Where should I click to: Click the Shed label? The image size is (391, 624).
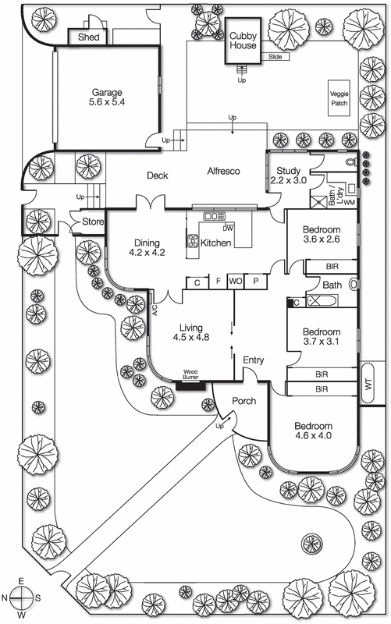pos(89,37)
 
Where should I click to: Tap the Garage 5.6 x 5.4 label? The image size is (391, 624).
pos(107,97)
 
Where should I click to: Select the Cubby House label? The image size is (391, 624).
pos(243,41)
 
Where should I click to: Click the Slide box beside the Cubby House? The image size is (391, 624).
pos(275,57)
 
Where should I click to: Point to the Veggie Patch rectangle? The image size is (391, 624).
pos(339,98)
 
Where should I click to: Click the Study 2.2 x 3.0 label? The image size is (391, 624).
pos(289,175)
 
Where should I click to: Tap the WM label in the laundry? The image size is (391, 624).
pos(349,203)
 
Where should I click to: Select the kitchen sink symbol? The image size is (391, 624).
pos(214,216)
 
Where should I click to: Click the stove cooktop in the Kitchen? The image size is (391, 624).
pos(194,241)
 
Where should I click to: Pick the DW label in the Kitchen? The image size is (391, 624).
pos(228,229)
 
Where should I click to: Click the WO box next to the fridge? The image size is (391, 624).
pos(236,282)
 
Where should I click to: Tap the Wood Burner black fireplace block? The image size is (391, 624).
pos(190,385)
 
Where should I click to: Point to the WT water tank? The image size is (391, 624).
pos(368,383)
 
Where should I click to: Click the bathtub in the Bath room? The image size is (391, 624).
pos(322,301)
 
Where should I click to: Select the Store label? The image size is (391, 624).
pos(93,222)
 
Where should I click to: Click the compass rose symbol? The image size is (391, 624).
pos(21,598)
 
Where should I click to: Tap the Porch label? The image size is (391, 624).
pos(244,401)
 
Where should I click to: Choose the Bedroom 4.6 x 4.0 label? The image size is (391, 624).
pos(314,431)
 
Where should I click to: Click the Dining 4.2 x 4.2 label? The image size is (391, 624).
pos(147,247)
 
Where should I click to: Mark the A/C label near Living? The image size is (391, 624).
pos(155,310)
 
